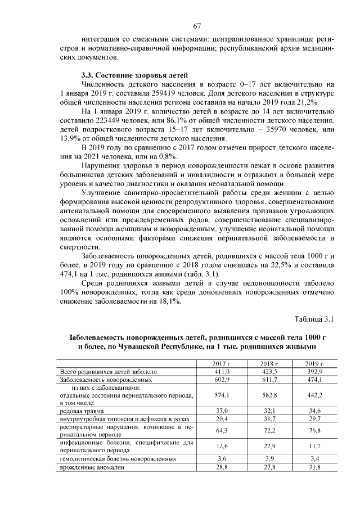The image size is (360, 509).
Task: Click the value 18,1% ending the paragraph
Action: click(x=169, y=302)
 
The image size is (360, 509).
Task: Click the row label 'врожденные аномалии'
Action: click(x=89, y=467)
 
